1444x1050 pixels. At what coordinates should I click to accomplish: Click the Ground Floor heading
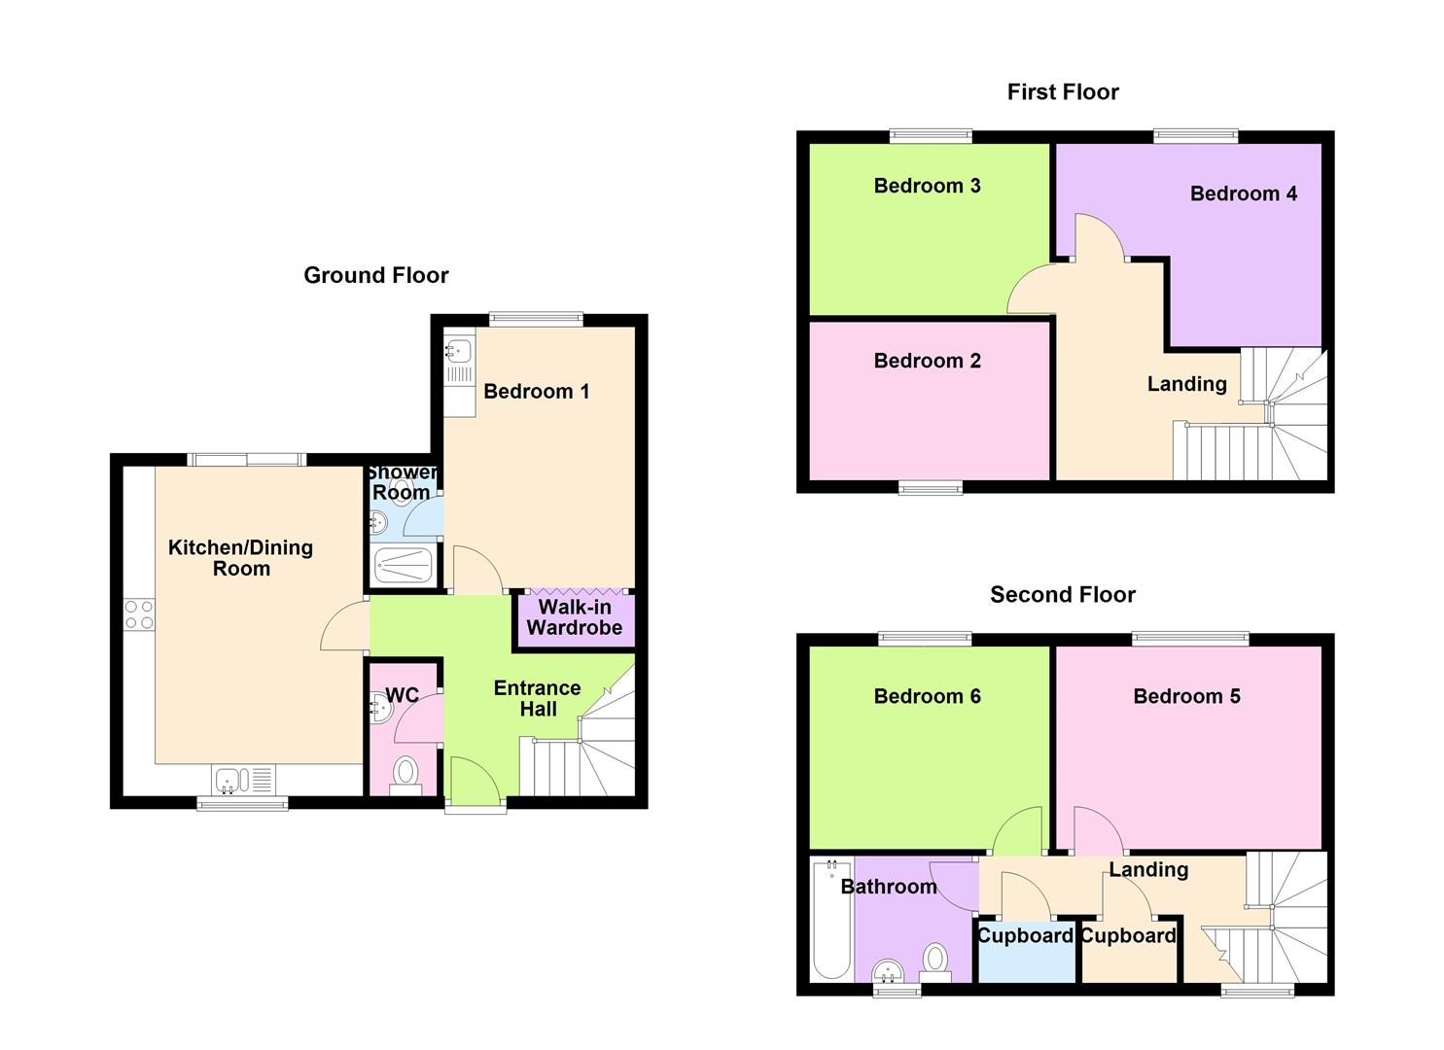click(x=375, y=275)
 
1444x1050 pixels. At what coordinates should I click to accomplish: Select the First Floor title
click(x=1062, y=91)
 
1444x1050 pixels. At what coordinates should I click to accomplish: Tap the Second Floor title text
click(x=1062, y=594)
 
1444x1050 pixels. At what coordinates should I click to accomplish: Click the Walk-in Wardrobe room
click(x=574, y=618)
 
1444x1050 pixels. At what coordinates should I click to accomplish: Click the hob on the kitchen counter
click(x=139, y=614)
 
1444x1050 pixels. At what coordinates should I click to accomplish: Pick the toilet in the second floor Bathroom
click(x=935, y=960)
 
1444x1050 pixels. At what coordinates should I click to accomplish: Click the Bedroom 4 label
click(x=1243, y=193)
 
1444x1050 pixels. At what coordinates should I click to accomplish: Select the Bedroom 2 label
click(x=927, y=361)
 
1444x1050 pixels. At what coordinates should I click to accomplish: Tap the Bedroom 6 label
click(x=927, y=696)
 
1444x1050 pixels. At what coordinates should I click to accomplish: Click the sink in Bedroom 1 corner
click(x=459, y=349)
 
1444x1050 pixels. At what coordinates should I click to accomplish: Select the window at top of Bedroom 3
click(x=931, y=136)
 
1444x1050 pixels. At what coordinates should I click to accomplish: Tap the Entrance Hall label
click(x=537, y=698)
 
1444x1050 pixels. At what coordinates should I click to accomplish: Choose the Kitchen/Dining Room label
click(x=240, y=558)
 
